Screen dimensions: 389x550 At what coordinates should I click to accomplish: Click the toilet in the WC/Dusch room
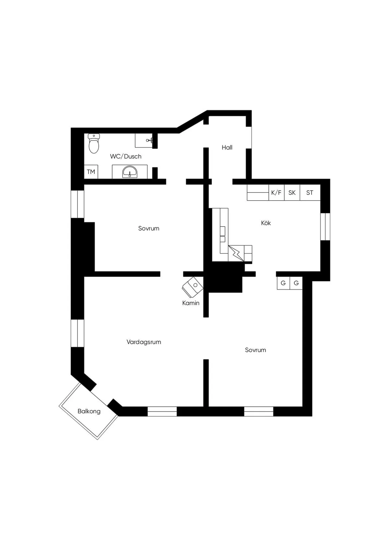94,143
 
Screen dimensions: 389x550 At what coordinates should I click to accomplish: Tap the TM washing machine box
91,172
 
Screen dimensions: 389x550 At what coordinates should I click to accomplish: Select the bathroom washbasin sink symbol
130,172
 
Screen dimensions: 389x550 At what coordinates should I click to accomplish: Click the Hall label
227,147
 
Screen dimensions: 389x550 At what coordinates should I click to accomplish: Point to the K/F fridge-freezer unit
276,193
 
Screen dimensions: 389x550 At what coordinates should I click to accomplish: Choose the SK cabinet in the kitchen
292,193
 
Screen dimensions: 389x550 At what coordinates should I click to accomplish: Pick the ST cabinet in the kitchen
310,193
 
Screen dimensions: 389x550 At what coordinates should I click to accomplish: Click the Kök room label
266,223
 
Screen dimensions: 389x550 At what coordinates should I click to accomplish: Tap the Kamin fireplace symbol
193,287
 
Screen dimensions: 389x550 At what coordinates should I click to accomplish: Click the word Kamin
191,303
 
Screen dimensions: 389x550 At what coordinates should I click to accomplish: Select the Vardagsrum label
144,342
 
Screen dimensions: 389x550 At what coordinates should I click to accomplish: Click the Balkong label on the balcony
89,411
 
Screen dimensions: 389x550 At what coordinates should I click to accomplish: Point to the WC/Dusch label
126,157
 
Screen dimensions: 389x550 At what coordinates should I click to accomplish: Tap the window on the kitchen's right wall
325,226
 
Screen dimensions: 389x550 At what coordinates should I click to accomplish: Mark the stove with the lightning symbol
236,253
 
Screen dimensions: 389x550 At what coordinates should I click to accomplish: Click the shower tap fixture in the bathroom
149,140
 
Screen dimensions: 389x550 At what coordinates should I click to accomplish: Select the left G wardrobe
283,283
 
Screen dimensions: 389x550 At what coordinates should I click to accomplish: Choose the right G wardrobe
296,283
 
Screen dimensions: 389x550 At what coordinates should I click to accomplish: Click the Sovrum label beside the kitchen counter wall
148,228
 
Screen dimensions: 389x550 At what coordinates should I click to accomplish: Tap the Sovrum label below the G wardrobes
255,350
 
